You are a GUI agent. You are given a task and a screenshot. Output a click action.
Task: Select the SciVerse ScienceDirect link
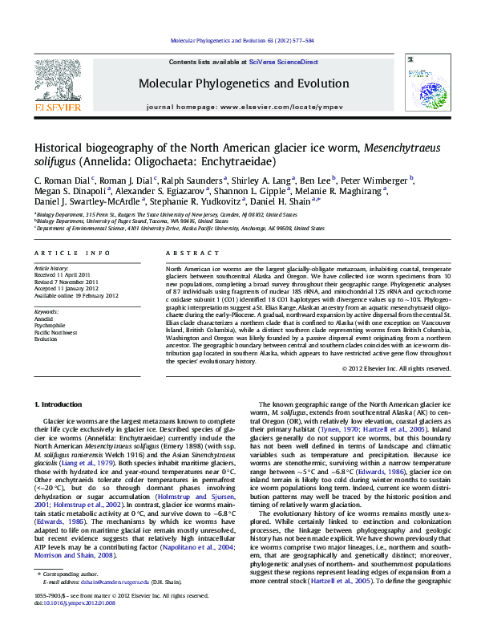[x=284, y=62]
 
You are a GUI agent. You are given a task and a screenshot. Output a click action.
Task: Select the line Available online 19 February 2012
[x=75, y=295]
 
